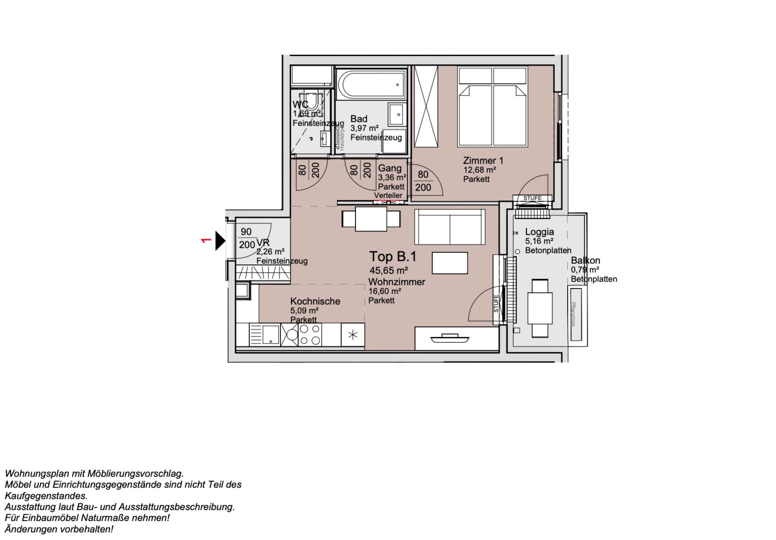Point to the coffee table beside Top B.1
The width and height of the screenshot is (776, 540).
[450, 263]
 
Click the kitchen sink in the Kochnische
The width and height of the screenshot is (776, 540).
[265, 334]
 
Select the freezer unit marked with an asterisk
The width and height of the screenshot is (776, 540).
[353, 335]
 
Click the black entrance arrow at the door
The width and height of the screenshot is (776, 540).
[220, 240]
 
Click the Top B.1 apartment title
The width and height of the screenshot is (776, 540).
[393, 256]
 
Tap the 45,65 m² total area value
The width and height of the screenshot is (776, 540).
[389, 271]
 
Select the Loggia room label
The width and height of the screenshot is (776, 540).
[539, 231]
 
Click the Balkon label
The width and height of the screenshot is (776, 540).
[585, 260]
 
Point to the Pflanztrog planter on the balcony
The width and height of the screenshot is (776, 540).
[573, 314]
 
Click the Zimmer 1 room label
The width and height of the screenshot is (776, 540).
[483, 160]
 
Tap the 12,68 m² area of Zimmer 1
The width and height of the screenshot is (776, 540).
[479, 170]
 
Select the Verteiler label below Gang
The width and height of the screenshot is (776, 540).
[388, 195]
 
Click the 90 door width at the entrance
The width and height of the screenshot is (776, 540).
[246, 232]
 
